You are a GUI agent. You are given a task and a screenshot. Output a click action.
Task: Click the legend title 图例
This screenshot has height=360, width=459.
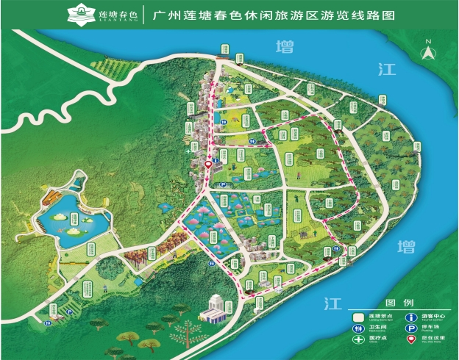click(x=394, y=303)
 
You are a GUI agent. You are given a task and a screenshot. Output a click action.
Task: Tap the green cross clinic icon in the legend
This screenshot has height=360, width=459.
click(x=358, y=341)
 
